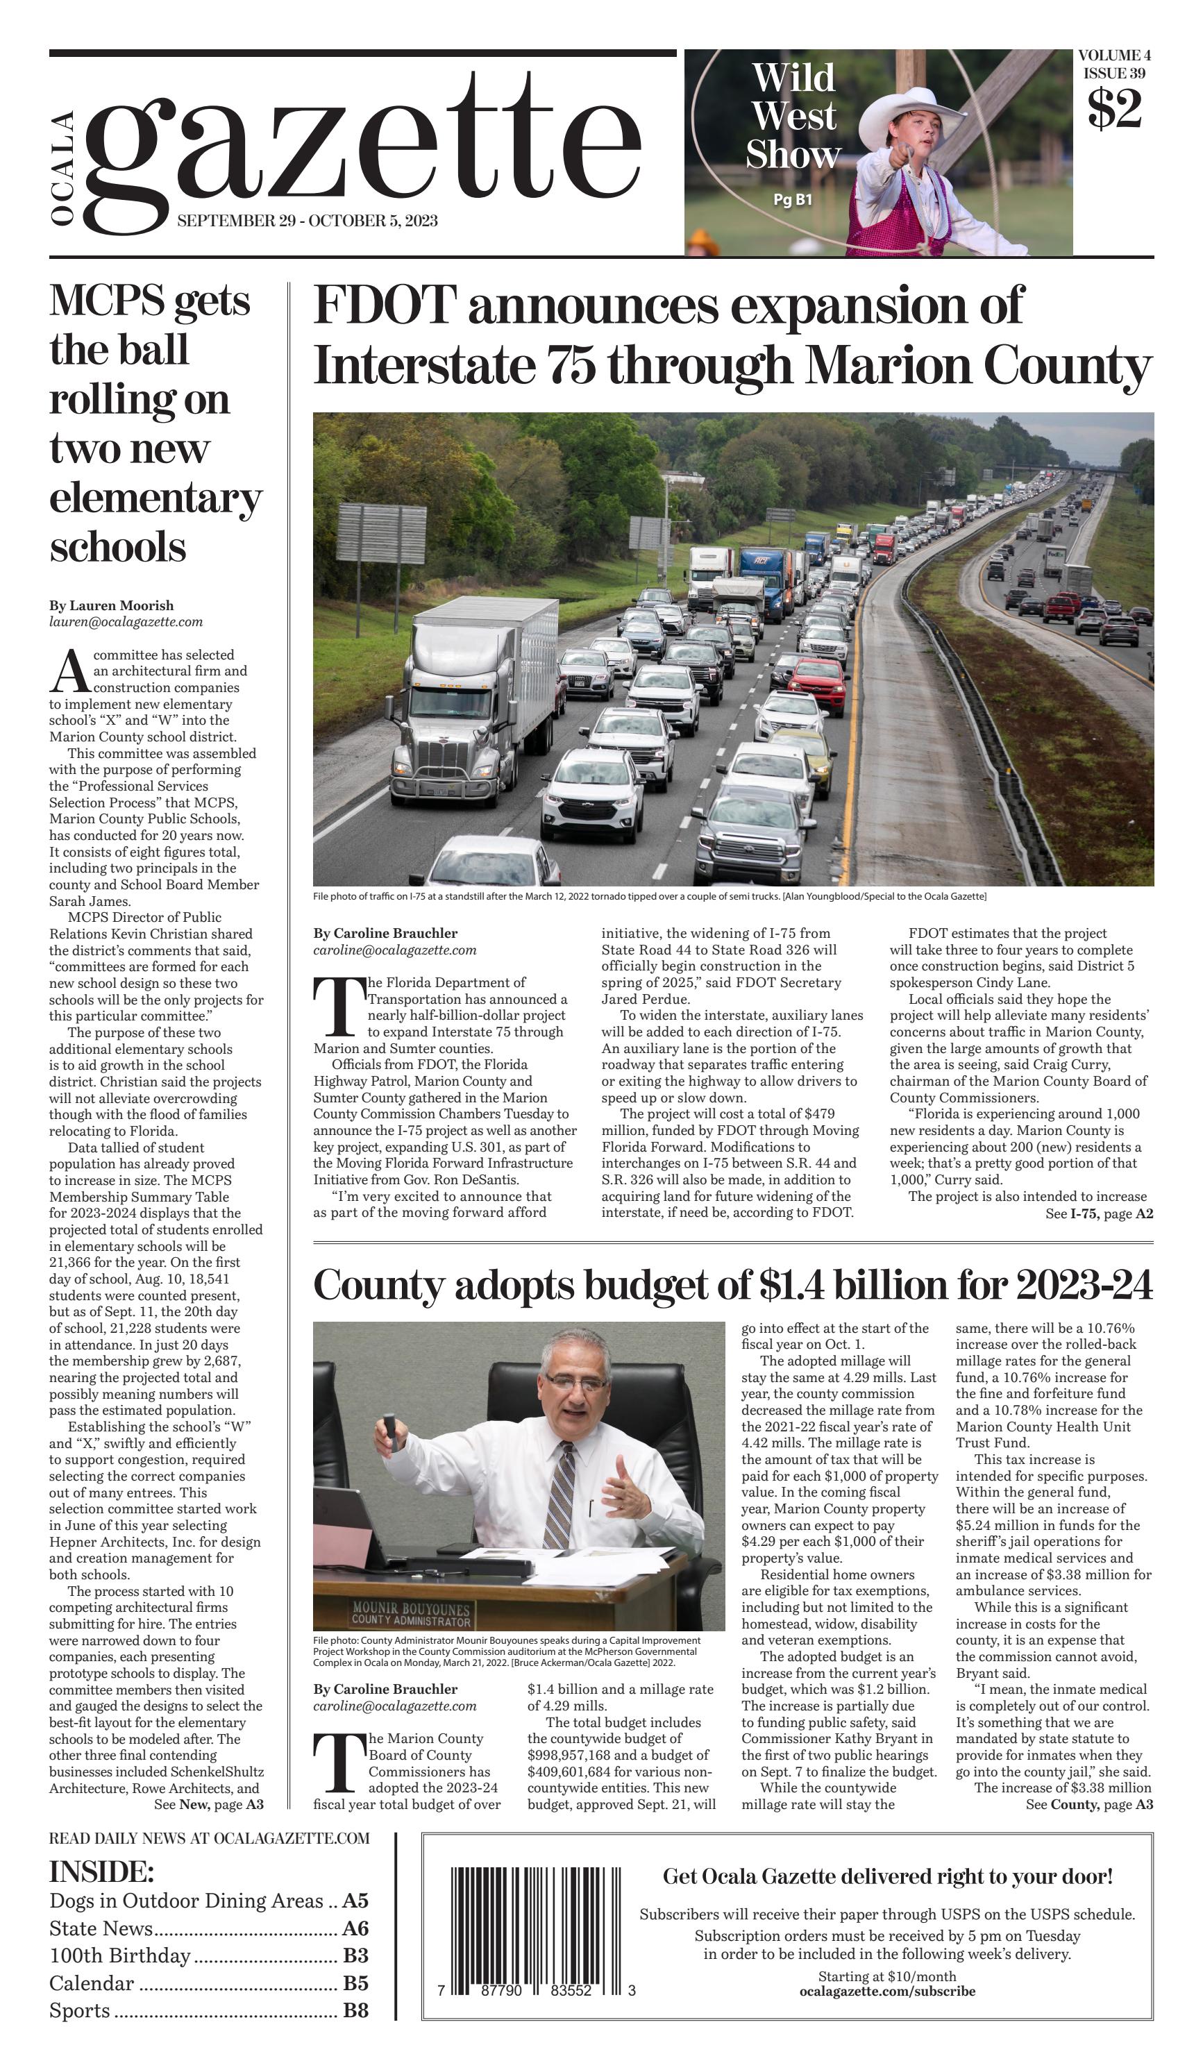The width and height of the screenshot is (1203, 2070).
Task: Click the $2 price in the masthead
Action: point(1114,108)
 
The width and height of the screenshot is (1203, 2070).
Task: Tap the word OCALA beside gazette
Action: point(63,169)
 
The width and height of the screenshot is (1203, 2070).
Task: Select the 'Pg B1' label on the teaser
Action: point(793,199)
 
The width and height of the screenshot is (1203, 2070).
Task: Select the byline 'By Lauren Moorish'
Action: point(111,605)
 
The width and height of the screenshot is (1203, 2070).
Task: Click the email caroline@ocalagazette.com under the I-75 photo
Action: point(394,950)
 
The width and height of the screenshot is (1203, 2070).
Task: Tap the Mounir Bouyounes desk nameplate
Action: point(412,1613)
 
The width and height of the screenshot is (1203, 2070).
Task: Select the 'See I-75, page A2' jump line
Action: point(1099,1213)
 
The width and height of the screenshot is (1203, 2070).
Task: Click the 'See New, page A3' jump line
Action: point(208,1805)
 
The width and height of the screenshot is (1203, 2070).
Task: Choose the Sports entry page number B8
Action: point(355,2010)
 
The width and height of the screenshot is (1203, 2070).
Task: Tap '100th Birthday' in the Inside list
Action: point(120,1955)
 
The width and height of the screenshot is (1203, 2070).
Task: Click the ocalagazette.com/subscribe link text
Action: point(887,1991)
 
